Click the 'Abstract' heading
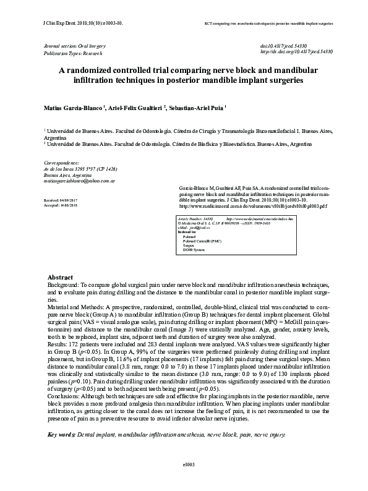point(61,276)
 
